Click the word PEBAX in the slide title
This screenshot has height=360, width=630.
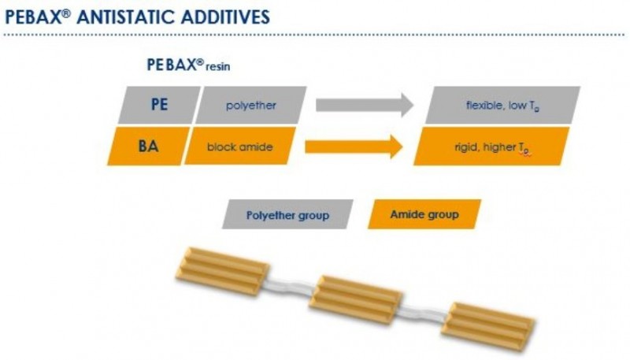coord(30,17)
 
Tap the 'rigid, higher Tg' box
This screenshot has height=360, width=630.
coord(491,146)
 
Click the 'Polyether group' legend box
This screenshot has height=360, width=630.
coord(287,213)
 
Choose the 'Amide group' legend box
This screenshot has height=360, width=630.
coord(424,213)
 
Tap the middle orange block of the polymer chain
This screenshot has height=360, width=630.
coord(354,297)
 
